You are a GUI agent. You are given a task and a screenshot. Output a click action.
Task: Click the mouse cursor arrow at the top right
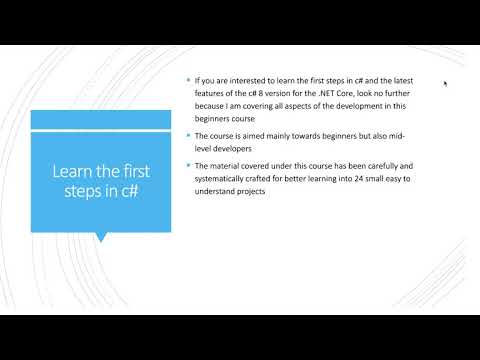coord(445,83)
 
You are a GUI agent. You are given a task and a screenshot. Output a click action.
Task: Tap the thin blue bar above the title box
coord(100,119)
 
